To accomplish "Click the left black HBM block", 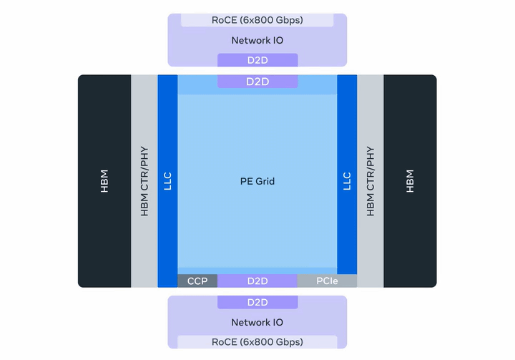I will click(104, 181).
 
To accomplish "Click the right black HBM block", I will click(410, 181).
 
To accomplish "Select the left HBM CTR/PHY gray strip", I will click(144, 181).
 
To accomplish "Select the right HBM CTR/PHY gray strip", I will click(370, 181).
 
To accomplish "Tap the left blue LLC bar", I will click(167, 181).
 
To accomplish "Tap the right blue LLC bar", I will click(347, 181).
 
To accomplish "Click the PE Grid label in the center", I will click(257, 181).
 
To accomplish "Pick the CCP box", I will click(197, 281).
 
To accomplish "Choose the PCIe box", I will click(327, 281).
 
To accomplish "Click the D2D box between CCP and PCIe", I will click(257, 281).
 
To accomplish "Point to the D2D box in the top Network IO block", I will click(257, 60).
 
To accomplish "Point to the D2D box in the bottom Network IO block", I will click(257, 303).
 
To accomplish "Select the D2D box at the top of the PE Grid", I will click(257, 82).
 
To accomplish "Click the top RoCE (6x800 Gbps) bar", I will click(257, 20).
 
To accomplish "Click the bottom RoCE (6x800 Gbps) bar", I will click(257, 341).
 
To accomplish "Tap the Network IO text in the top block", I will click(257, 40).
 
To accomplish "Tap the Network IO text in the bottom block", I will click(257, 323).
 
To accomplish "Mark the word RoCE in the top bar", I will click(225, 20).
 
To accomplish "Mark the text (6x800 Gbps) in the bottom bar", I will click(272, 341).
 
